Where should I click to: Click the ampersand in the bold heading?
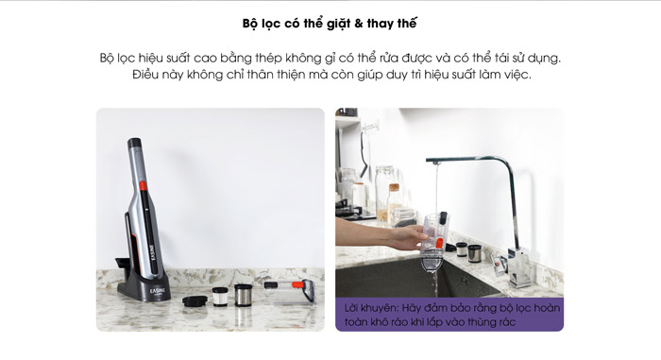(358, 24)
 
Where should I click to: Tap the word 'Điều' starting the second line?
(145, 75)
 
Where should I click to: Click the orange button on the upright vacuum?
(143, 186)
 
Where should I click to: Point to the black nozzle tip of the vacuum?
(134, 143)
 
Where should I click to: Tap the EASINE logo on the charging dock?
(158, 292)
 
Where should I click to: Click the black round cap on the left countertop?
(195, 300)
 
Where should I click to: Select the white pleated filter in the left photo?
(220, 297)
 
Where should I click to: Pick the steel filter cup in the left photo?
(244, 295)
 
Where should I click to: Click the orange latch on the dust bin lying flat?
(297, 284)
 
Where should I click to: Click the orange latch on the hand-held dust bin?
(439, 243)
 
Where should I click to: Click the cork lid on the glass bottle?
(394, 187)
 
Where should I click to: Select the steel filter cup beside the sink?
(474, 253)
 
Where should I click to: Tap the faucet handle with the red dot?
(499, 264)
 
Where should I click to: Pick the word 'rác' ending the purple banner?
(507, 322)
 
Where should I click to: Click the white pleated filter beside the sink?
(461, 249)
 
